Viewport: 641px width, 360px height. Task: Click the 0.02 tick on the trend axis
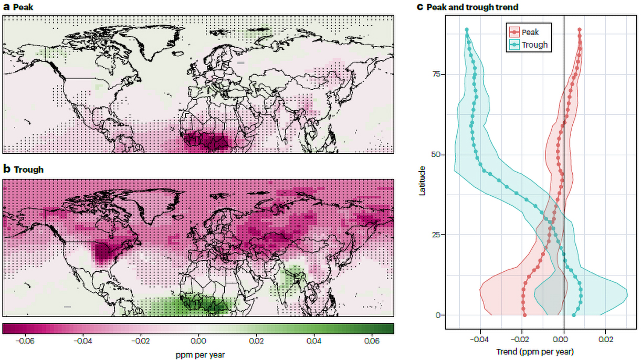point(605,340)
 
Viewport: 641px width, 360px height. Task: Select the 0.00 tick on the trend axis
point(564,340)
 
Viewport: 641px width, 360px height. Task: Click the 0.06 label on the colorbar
point(372,341)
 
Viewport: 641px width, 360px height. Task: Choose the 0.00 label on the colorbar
point(198,341)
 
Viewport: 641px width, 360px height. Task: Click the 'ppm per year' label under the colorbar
point(200,355)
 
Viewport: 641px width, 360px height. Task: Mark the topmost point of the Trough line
point(467,30)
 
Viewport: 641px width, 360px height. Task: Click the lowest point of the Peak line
point(524,315)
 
